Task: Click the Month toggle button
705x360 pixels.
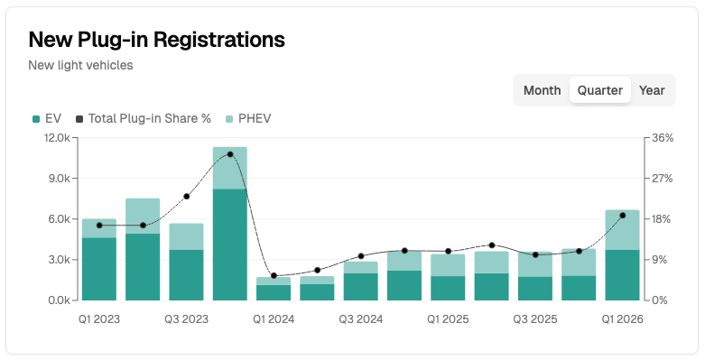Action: [542, 90]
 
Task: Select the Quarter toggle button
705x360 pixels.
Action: [600, 90]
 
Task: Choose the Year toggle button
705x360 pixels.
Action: [652, 90]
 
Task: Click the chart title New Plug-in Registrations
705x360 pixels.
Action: [157, 39]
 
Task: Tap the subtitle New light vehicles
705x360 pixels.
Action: [80, 65]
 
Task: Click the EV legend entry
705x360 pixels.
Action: [46, 118]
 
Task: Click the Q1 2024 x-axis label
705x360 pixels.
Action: [274, 318]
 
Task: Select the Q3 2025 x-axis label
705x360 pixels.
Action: [535, 318]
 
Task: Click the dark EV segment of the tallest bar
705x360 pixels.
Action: [230, 244]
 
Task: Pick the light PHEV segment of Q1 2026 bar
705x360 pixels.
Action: [622, 230]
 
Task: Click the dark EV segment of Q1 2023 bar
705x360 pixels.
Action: [99, 268]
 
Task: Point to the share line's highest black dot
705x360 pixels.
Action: [230, 154]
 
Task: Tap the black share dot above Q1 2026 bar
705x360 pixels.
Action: [622, 216]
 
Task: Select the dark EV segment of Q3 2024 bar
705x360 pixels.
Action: [361, 286]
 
